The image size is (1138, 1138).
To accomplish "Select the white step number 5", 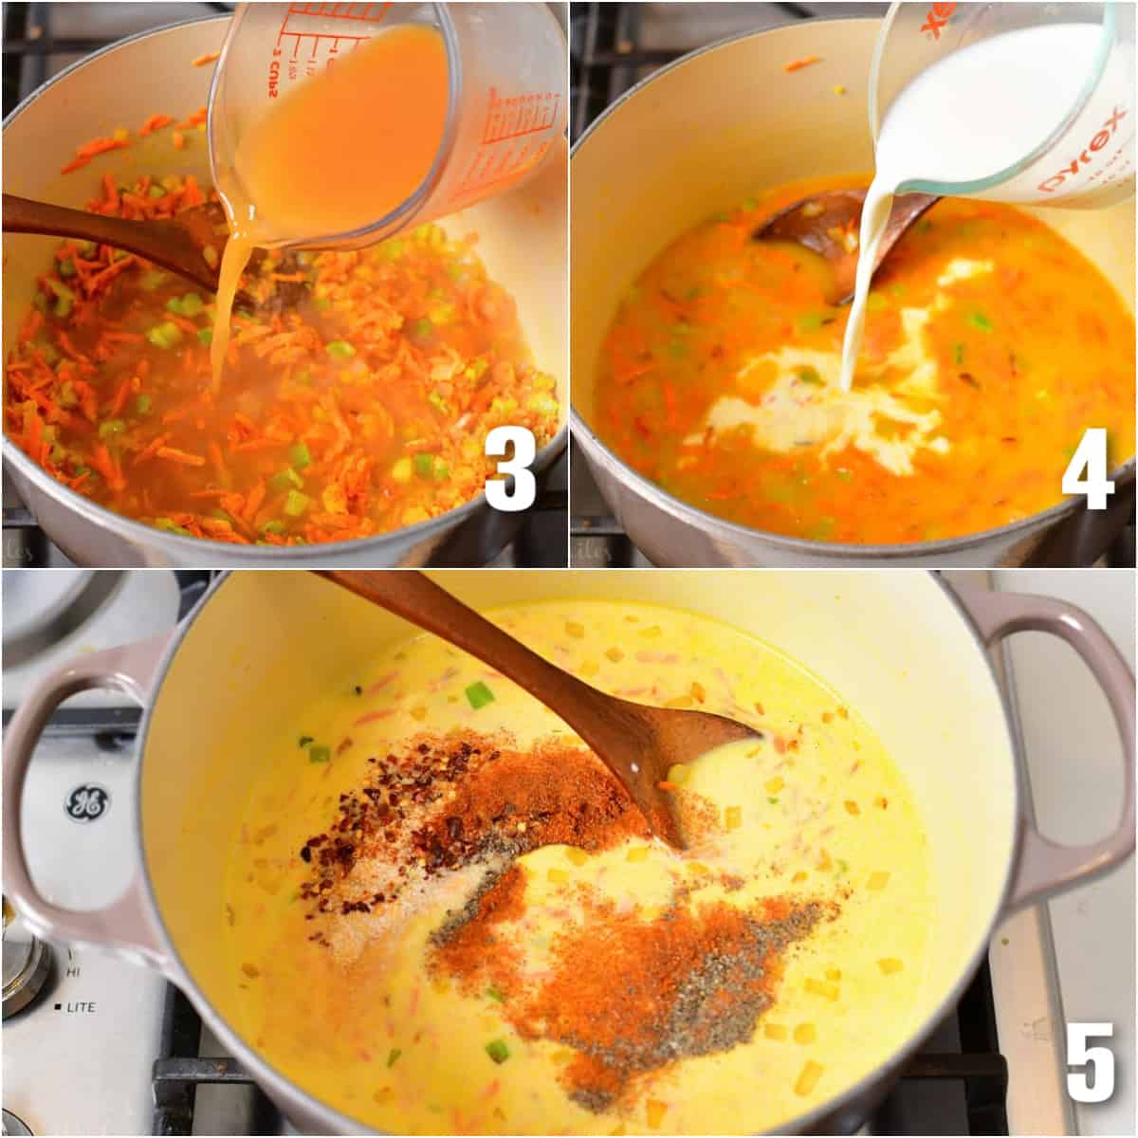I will (x=1089, y=1064).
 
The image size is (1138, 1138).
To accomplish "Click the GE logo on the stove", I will (x=83, y=803).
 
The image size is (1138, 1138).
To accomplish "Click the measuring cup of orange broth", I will (x=379, y=123).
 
